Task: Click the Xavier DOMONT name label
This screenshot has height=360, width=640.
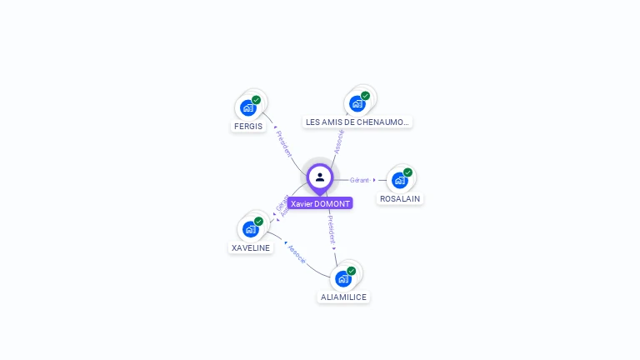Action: pos(320,203)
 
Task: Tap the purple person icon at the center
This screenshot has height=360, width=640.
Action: pos(320,177)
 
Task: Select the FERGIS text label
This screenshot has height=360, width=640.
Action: pos(248,127)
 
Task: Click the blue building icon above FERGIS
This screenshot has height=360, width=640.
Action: pos(247,107)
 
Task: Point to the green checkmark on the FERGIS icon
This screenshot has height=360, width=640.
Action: pos(257,100)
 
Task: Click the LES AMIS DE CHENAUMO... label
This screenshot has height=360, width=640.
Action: pos(357,122)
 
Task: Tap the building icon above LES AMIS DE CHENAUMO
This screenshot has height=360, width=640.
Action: pos(357,103)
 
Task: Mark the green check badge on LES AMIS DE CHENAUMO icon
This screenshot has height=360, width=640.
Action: pos(365,96)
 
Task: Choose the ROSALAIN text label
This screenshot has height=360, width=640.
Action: pos(400,199)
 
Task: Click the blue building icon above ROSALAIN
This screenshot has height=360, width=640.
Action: pos(400,180)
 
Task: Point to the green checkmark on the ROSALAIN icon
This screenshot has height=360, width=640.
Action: pos(407,172)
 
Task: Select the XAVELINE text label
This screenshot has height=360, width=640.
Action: pos(251,248)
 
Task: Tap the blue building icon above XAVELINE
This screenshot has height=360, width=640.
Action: pos(250,229)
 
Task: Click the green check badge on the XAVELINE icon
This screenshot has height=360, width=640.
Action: pos(258,222)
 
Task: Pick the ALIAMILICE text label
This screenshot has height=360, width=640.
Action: pos(343,297)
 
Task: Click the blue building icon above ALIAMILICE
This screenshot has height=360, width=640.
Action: pos(343,278)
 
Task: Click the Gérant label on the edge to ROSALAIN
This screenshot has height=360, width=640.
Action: pos(359,180)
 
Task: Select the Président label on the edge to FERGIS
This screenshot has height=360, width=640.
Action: pos(284,144)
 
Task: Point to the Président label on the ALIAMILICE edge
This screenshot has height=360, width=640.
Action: pos(331,229)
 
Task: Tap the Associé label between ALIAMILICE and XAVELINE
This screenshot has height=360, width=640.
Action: pos(297,254)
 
